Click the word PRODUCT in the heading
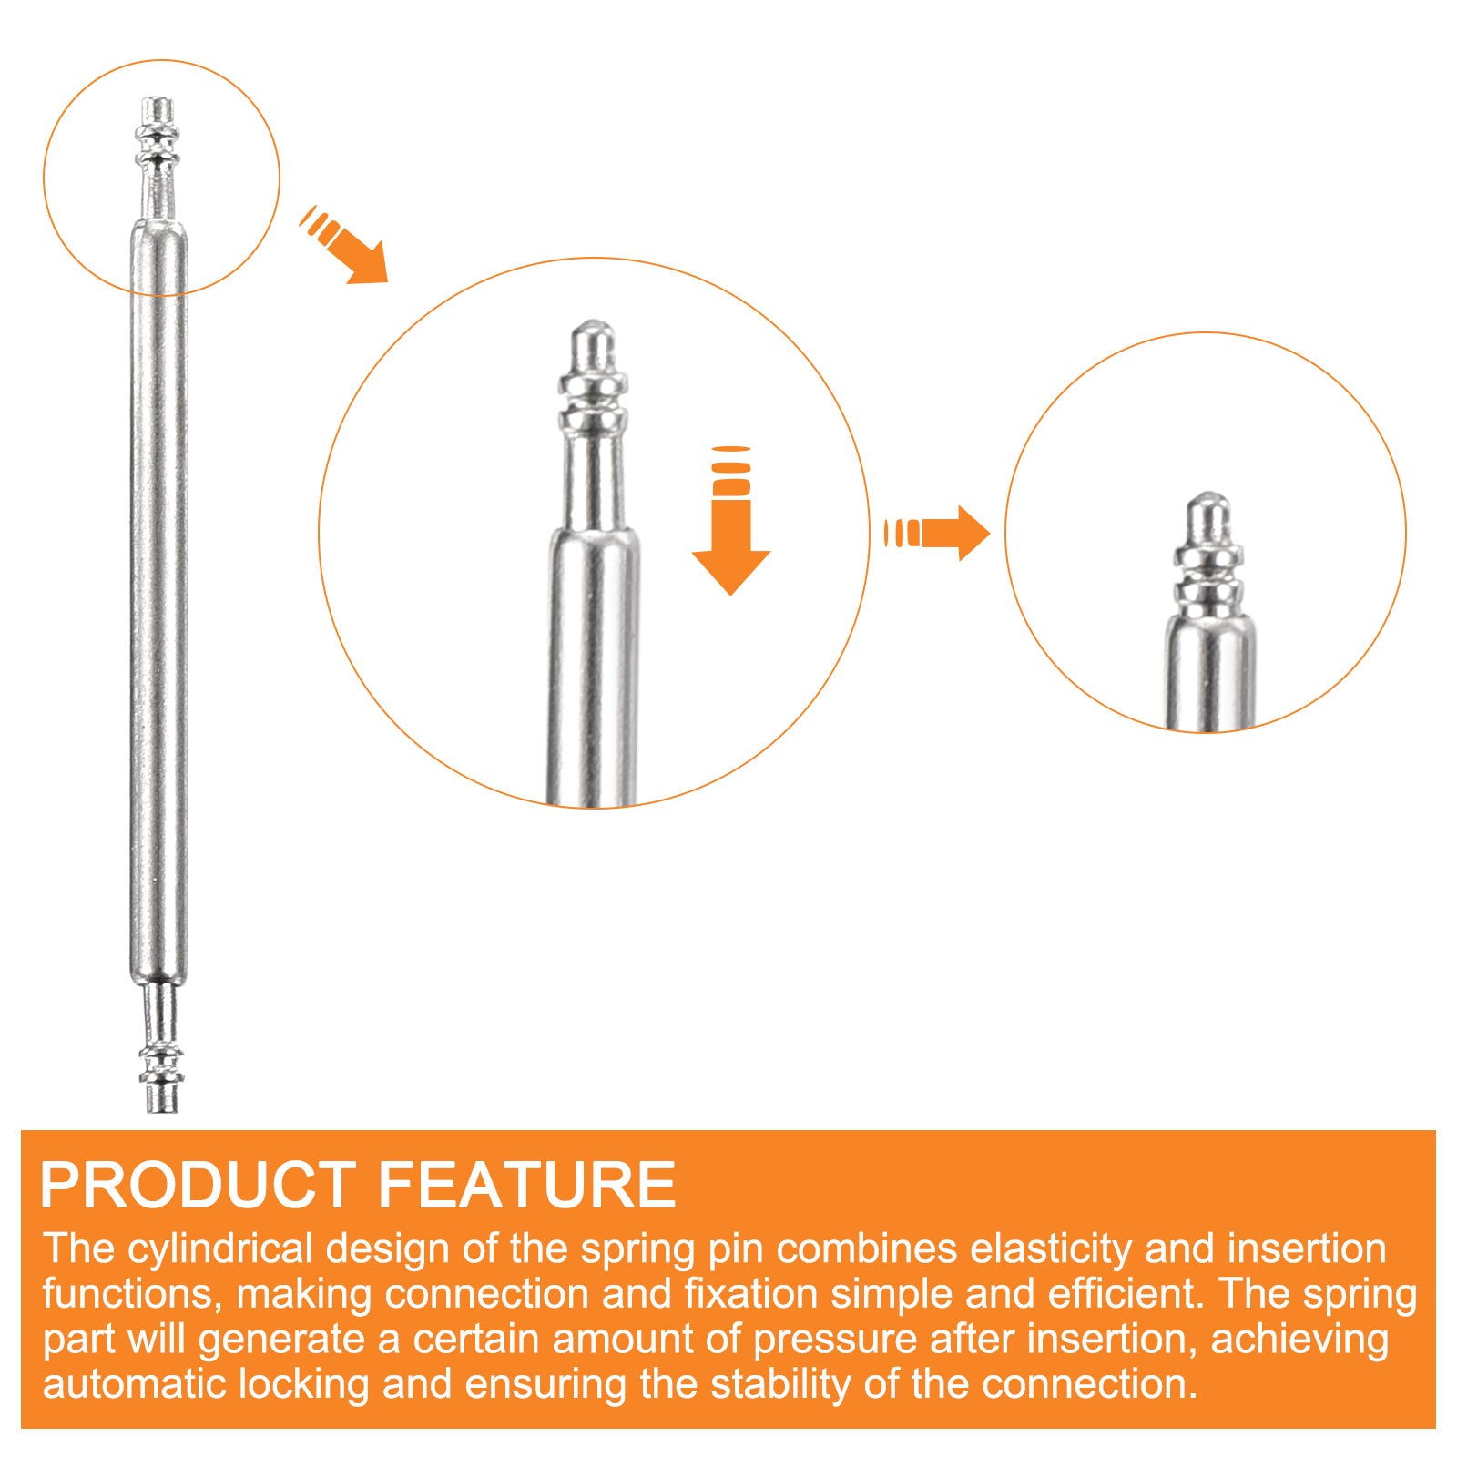198,1185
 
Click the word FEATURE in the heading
527,1185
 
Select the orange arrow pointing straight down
731,521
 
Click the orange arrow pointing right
937,533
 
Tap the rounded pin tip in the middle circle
593,345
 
